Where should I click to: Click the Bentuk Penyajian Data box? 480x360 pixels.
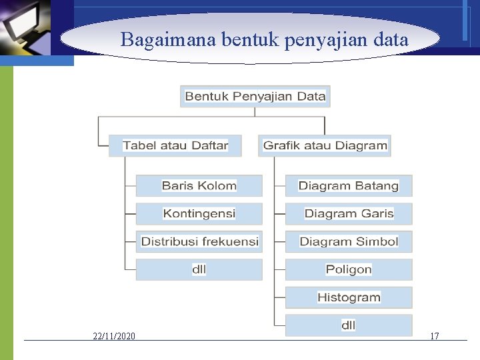(x=255, y=96)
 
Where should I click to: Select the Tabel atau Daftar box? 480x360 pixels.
(x=175, y=145)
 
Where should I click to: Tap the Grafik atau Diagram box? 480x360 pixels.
(x=325, y=145)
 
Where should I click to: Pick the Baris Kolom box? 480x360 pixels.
(x=199, y=185)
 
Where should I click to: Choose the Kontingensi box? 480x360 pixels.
(x=199, y=213)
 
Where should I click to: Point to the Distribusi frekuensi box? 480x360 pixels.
(x=199, y=241)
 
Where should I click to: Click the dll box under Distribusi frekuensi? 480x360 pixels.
(x=199, y=269)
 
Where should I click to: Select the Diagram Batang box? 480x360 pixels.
(x=349, y=185)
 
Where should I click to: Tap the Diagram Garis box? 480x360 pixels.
(x=349, y=213)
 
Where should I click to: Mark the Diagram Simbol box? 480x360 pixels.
(x=349, y=241)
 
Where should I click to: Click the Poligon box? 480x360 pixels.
(x=349, y=269)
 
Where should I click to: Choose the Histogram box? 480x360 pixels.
(x=349, y=297)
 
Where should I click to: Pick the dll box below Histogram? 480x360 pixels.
(x=349, y=325)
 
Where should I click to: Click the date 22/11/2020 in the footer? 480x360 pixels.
(x=114, y=336)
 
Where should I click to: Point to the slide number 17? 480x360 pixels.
(x=435, y=336)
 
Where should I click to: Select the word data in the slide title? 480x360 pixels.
(x=391, y=40)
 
